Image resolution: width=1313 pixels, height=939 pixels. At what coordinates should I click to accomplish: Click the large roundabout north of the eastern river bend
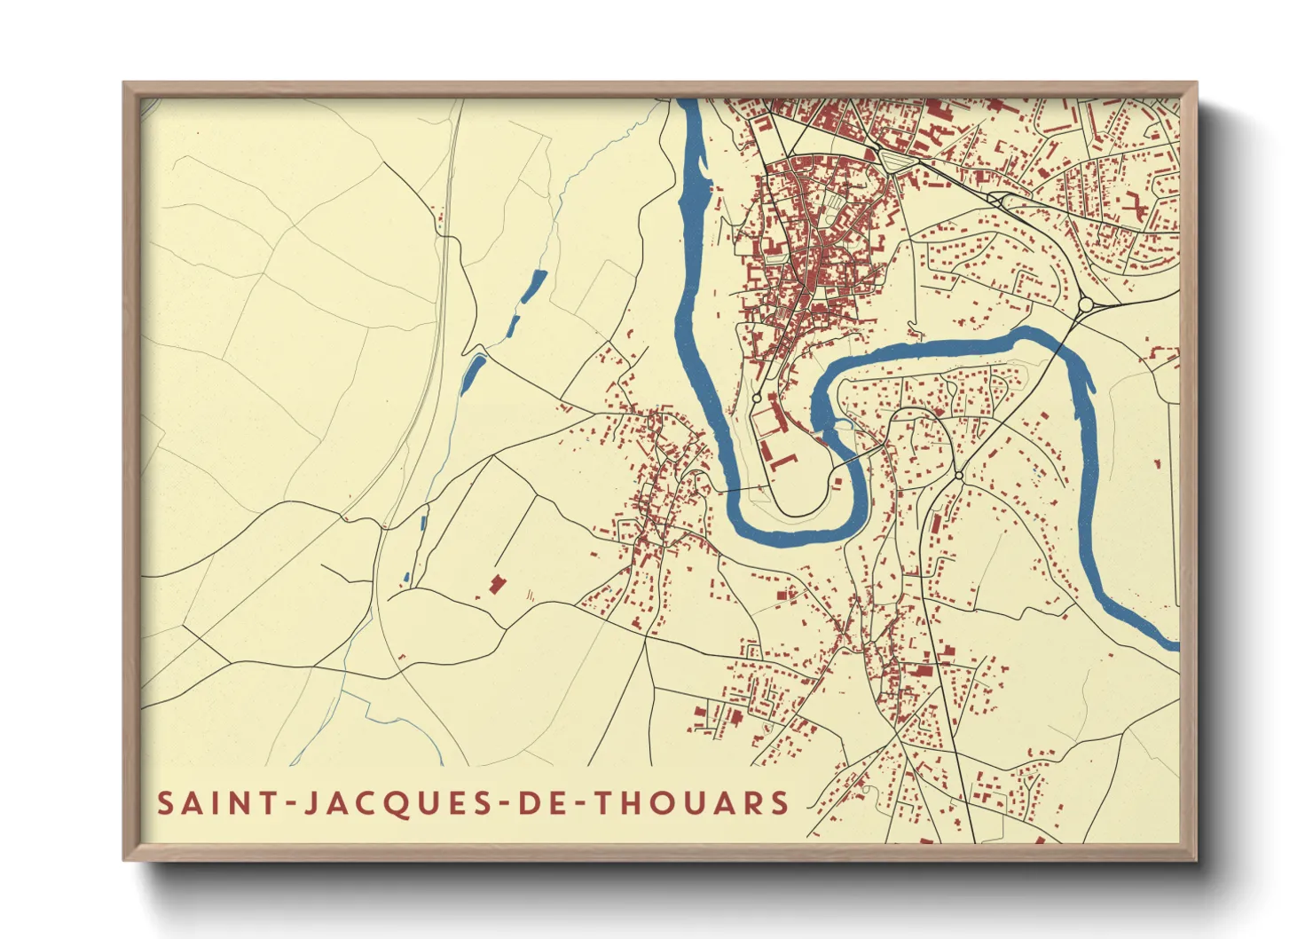click(1084, 305)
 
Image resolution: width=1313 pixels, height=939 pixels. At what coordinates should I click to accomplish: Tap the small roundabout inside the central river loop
click(756, 399)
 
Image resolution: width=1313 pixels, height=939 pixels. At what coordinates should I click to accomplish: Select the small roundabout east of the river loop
click(959, 477)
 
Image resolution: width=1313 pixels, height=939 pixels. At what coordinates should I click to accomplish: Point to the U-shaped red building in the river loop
click(783, 461)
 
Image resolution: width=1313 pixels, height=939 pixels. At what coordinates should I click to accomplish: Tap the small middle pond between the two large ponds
click(512, 325)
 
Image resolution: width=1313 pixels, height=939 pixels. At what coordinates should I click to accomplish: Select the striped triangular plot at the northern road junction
click(890, 161)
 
